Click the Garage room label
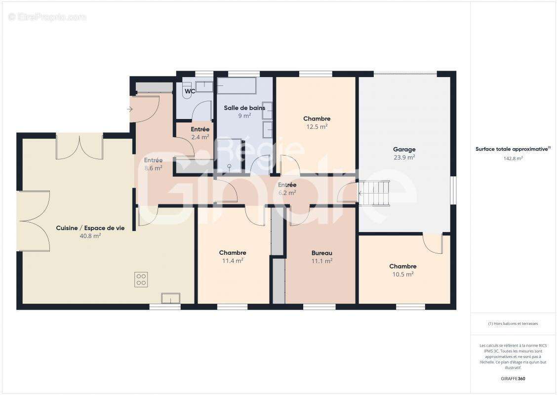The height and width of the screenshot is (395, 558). pyautogui.click(x=404, y=149)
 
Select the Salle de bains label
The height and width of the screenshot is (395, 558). pyautogui.click(x=244, y=108)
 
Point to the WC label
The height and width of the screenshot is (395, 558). pyautogui.click(x=190, y=91)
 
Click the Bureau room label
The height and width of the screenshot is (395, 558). pyautogui.click(x=321, y=253)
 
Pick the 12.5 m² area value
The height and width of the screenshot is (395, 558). pyautogui.click(x=317, y=126)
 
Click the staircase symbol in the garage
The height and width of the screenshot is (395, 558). pyautogui.click(x=374, y=193)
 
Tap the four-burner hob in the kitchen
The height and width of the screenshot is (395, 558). pyautogui.click(x=141, y=279)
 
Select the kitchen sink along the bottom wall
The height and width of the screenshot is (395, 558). pyautogui.click(x=170, y=298)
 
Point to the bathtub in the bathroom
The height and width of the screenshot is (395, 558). pyautogui.click(x=237, y=85)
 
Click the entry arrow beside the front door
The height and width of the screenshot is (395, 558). pyautogui.click(x=130, y=109)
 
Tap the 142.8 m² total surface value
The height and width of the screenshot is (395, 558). pyautogui.click(x=513, y=158)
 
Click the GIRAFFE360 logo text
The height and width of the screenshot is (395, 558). pyautogui.click(x=513, y=379)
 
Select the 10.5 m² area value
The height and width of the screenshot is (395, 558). pyautogui.click(x=403, y=275)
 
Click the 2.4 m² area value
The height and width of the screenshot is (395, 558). pyautogui.click(x=200, y=137)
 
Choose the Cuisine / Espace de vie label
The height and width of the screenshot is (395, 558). pyautogui.click(x=90, y=228)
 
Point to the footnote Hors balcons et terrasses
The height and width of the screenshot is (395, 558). pyautogui.click(x=513, y=324)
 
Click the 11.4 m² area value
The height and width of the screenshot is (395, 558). pyautogui.click(x=233, y=261)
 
